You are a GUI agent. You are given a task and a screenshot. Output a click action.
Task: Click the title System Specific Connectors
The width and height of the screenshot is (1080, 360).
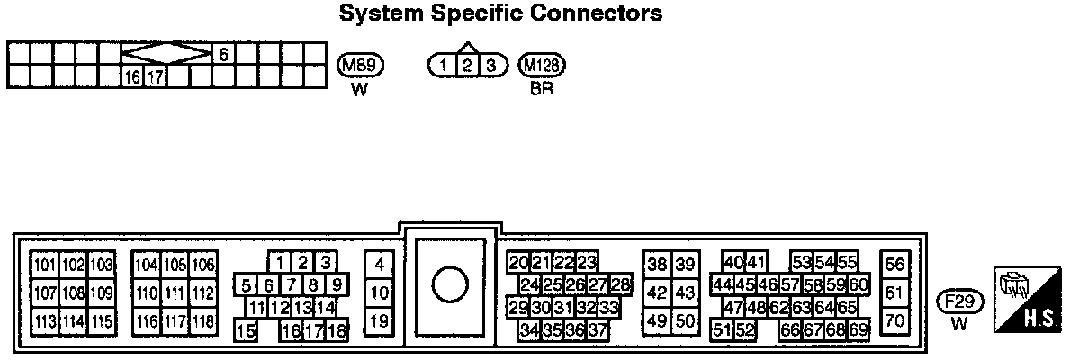[500, 14]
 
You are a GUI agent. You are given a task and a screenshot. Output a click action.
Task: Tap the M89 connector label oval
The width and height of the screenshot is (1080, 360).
[360, 65]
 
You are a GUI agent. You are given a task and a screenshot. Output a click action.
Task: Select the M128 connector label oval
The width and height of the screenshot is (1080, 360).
[542, 65]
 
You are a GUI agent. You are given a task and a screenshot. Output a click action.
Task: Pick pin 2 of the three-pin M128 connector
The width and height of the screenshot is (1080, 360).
[467, 66]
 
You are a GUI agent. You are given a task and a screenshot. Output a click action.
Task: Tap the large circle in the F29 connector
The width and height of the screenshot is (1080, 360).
[450, 285]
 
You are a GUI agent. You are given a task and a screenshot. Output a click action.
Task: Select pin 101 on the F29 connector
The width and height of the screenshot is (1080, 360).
[45, 265]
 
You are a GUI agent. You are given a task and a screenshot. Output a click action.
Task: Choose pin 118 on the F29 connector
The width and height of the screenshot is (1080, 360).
[202, 321]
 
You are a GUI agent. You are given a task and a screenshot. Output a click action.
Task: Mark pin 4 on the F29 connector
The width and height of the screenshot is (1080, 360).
[380, 265]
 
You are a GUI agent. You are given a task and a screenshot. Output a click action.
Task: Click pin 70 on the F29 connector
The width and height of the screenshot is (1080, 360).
[894, 319]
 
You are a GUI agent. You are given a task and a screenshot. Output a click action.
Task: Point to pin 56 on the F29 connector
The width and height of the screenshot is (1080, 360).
[894, 265]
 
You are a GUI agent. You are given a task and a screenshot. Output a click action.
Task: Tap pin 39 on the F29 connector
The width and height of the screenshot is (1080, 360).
[686, 265]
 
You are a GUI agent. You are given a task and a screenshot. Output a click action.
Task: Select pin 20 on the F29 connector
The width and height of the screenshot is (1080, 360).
[517, 263]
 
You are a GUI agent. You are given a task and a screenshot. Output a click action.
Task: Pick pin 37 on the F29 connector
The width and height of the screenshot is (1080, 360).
[597, 329]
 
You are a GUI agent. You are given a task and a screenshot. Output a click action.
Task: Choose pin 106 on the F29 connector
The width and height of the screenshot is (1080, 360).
[202, 265]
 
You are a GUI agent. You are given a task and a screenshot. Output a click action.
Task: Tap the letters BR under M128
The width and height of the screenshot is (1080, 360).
[542, 90]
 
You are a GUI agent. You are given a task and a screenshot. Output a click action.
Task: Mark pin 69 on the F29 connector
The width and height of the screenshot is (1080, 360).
[859, 329]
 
